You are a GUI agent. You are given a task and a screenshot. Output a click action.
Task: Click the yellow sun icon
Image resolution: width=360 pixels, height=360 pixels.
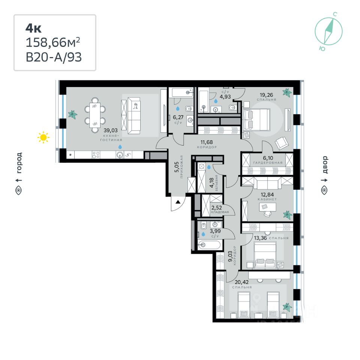tap(43, 138)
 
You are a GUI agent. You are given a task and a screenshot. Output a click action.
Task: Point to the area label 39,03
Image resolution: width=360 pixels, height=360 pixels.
tap(111, 130)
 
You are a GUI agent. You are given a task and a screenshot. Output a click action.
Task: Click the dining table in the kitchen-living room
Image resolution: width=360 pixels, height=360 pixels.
tap(95, 111)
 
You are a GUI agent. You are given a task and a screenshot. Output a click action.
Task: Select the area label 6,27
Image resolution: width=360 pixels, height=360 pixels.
tap(178, 117)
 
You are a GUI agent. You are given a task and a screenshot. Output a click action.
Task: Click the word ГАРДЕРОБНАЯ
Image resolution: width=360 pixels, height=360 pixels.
tap(268, 163)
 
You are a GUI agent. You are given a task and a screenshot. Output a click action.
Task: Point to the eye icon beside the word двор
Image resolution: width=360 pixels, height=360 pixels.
tap(324, 190)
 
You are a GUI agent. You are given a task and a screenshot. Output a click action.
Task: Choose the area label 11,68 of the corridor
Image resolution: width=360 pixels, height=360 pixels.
tap(206, 142)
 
